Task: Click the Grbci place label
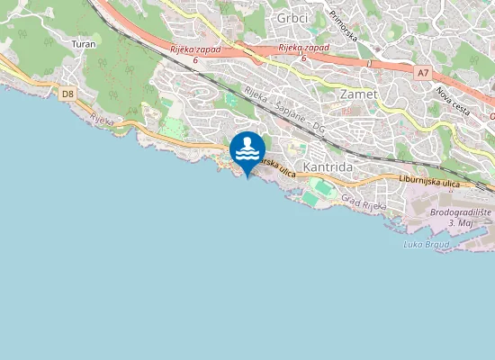click(292, 18)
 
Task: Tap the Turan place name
click(83, 42)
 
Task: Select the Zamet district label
click(356, 93)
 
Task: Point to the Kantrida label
click(328, 167)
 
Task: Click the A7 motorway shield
click(423, 71)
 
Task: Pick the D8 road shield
click(67, 93)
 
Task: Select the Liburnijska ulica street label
click(428, 184)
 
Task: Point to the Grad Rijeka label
click(364, 203)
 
